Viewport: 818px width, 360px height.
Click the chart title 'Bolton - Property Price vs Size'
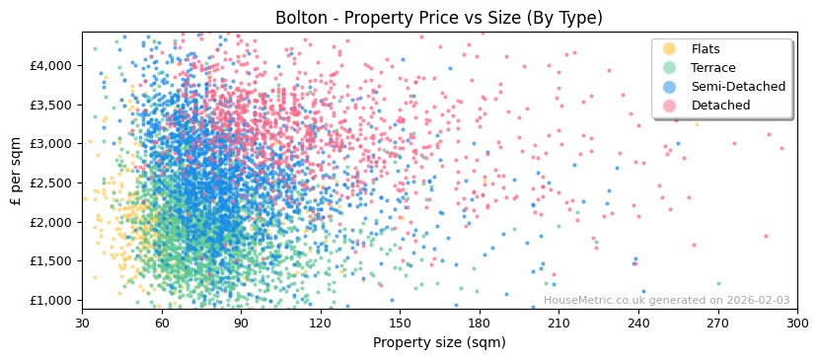(x=439, y=18)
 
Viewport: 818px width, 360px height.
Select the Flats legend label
(x=706, y=49)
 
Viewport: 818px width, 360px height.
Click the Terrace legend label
(x=713, y=68)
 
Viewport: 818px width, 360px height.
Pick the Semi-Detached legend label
(x=738, y=87)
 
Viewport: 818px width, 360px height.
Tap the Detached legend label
(x=720, y=106)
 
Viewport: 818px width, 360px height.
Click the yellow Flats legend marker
(x=669, y=49)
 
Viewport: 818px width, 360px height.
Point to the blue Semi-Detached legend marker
(x=669, y=87)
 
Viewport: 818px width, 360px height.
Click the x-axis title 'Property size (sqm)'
(x=439, y=342)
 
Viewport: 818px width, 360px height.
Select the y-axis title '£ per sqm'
(x=16, y=171)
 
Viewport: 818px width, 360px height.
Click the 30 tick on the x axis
(x=82, y=323)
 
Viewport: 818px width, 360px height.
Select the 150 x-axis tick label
(x=400, y=323)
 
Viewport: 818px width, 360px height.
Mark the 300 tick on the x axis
(x=797, y=323)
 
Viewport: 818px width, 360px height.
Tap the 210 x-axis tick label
(x=558, y=323)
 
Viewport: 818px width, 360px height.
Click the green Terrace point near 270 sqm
(x=718, y=283)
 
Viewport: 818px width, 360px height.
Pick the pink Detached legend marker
(x=669, y=106)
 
